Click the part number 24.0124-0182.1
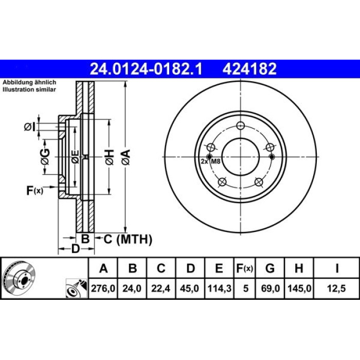coord(146,69)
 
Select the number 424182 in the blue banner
coord(249,69)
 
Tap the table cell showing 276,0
coord(103,288)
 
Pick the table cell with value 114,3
coord(219,288)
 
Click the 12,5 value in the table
coord(336,288)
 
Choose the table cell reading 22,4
coord(161,288)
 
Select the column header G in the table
coord(270,268)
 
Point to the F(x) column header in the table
coord(245,268)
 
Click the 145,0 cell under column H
coord(299,288)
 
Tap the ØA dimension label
coord(127,157)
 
